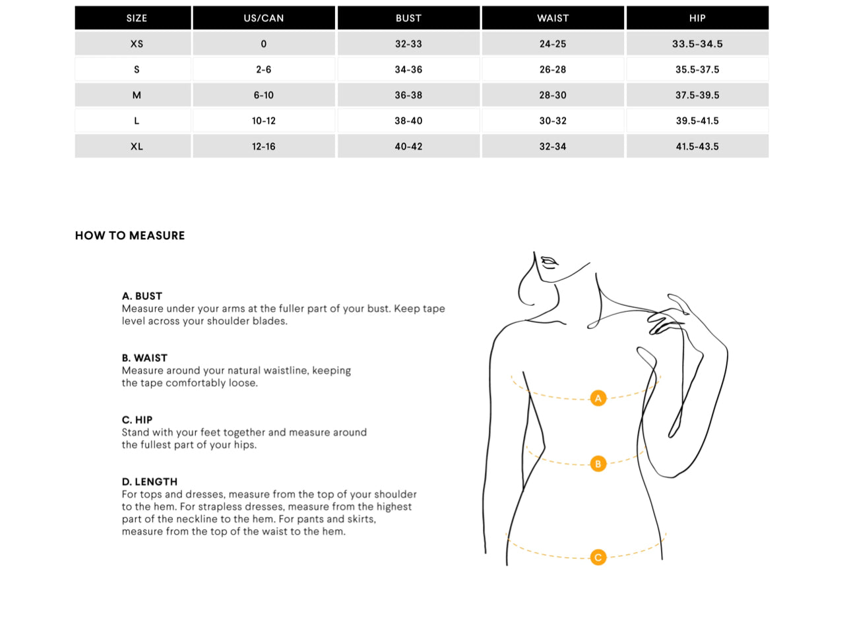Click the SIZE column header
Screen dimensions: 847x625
click(x=137, y=18)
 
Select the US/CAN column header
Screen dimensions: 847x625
click(x=263, y=18)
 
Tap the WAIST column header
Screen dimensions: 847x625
click(x=553, y=18)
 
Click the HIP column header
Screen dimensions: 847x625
click(x=697, y=18)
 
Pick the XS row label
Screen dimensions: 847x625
click(x=137, y=44)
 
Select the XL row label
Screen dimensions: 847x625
click(x=137, y=146)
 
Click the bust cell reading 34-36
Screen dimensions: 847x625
click(x=408, y=69)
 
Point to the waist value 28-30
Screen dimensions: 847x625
click(x=553, y=95)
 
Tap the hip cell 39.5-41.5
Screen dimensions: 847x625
click(x=697, y=121)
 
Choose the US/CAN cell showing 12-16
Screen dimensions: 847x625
click(x=263, y=146)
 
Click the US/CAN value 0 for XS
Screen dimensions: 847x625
click(x=263, y=44)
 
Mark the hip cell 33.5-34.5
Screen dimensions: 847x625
click(x=697, y=44)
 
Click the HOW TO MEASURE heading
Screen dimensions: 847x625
click(x=130, y=235)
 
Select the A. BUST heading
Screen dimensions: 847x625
click(x=142, y=296)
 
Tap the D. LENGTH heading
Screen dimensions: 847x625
click(x=150, y=481)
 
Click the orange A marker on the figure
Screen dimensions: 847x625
click(x=598, y=398)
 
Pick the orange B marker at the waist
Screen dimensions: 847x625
click(x=598, y=463)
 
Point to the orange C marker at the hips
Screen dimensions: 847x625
click(x=598, y=557)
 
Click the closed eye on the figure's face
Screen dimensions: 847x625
click(x=549, y=261)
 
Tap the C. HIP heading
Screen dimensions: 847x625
click(x=137, y=419)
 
